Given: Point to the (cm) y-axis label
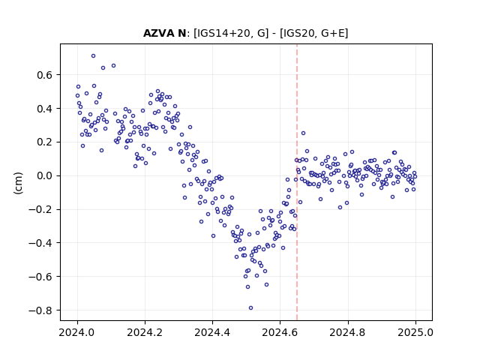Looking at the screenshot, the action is click(18, 183).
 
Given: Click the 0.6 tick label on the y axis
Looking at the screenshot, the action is click(45, 75).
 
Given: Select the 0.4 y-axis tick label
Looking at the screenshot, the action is click(45, 108).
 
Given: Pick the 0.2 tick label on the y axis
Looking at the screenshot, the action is click(45, 142).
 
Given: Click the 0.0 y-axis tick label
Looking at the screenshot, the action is click(45, 175).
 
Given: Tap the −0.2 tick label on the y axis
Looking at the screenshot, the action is click(40, 209).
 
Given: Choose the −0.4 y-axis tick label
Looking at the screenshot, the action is click(40, 243).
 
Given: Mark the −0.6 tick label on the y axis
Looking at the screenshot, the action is click(40, 277).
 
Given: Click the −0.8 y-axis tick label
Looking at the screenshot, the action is click(40, 310).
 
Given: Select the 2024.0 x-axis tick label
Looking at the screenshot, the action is click(77, 332).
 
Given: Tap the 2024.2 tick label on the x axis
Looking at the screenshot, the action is click(145, 332).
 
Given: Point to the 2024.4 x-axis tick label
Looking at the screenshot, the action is click(212, 332).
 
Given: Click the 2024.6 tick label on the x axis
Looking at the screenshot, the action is click(280, 332).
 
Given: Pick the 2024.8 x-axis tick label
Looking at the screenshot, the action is click(347, 332).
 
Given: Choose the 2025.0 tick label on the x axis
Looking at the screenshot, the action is click(415, 332).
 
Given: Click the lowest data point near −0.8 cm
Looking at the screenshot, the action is click(250, 308).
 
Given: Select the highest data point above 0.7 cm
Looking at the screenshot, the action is click(93, 56).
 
